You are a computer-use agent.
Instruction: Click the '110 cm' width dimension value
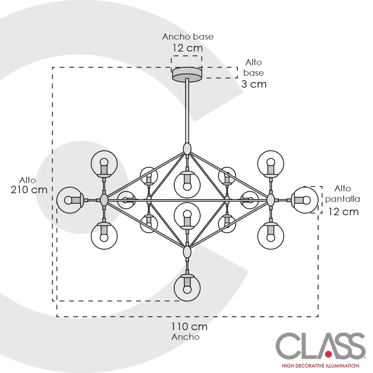189,327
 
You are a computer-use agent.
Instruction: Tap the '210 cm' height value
29,189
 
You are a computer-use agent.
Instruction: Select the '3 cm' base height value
254,84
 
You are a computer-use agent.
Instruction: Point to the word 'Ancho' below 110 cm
185,337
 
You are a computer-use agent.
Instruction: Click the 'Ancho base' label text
188,37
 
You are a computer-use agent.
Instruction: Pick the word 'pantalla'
342,199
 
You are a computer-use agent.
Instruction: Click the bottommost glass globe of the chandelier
187,288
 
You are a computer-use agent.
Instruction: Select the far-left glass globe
69,200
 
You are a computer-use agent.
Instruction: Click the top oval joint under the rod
187,148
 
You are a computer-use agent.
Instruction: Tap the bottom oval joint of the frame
187,252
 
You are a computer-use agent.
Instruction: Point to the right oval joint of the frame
270,200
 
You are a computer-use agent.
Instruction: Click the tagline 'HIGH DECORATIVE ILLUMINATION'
320,366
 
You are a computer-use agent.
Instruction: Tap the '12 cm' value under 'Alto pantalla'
344,212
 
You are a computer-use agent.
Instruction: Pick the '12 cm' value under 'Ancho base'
188,48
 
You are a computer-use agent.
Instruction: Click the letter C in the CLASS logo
288,346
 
